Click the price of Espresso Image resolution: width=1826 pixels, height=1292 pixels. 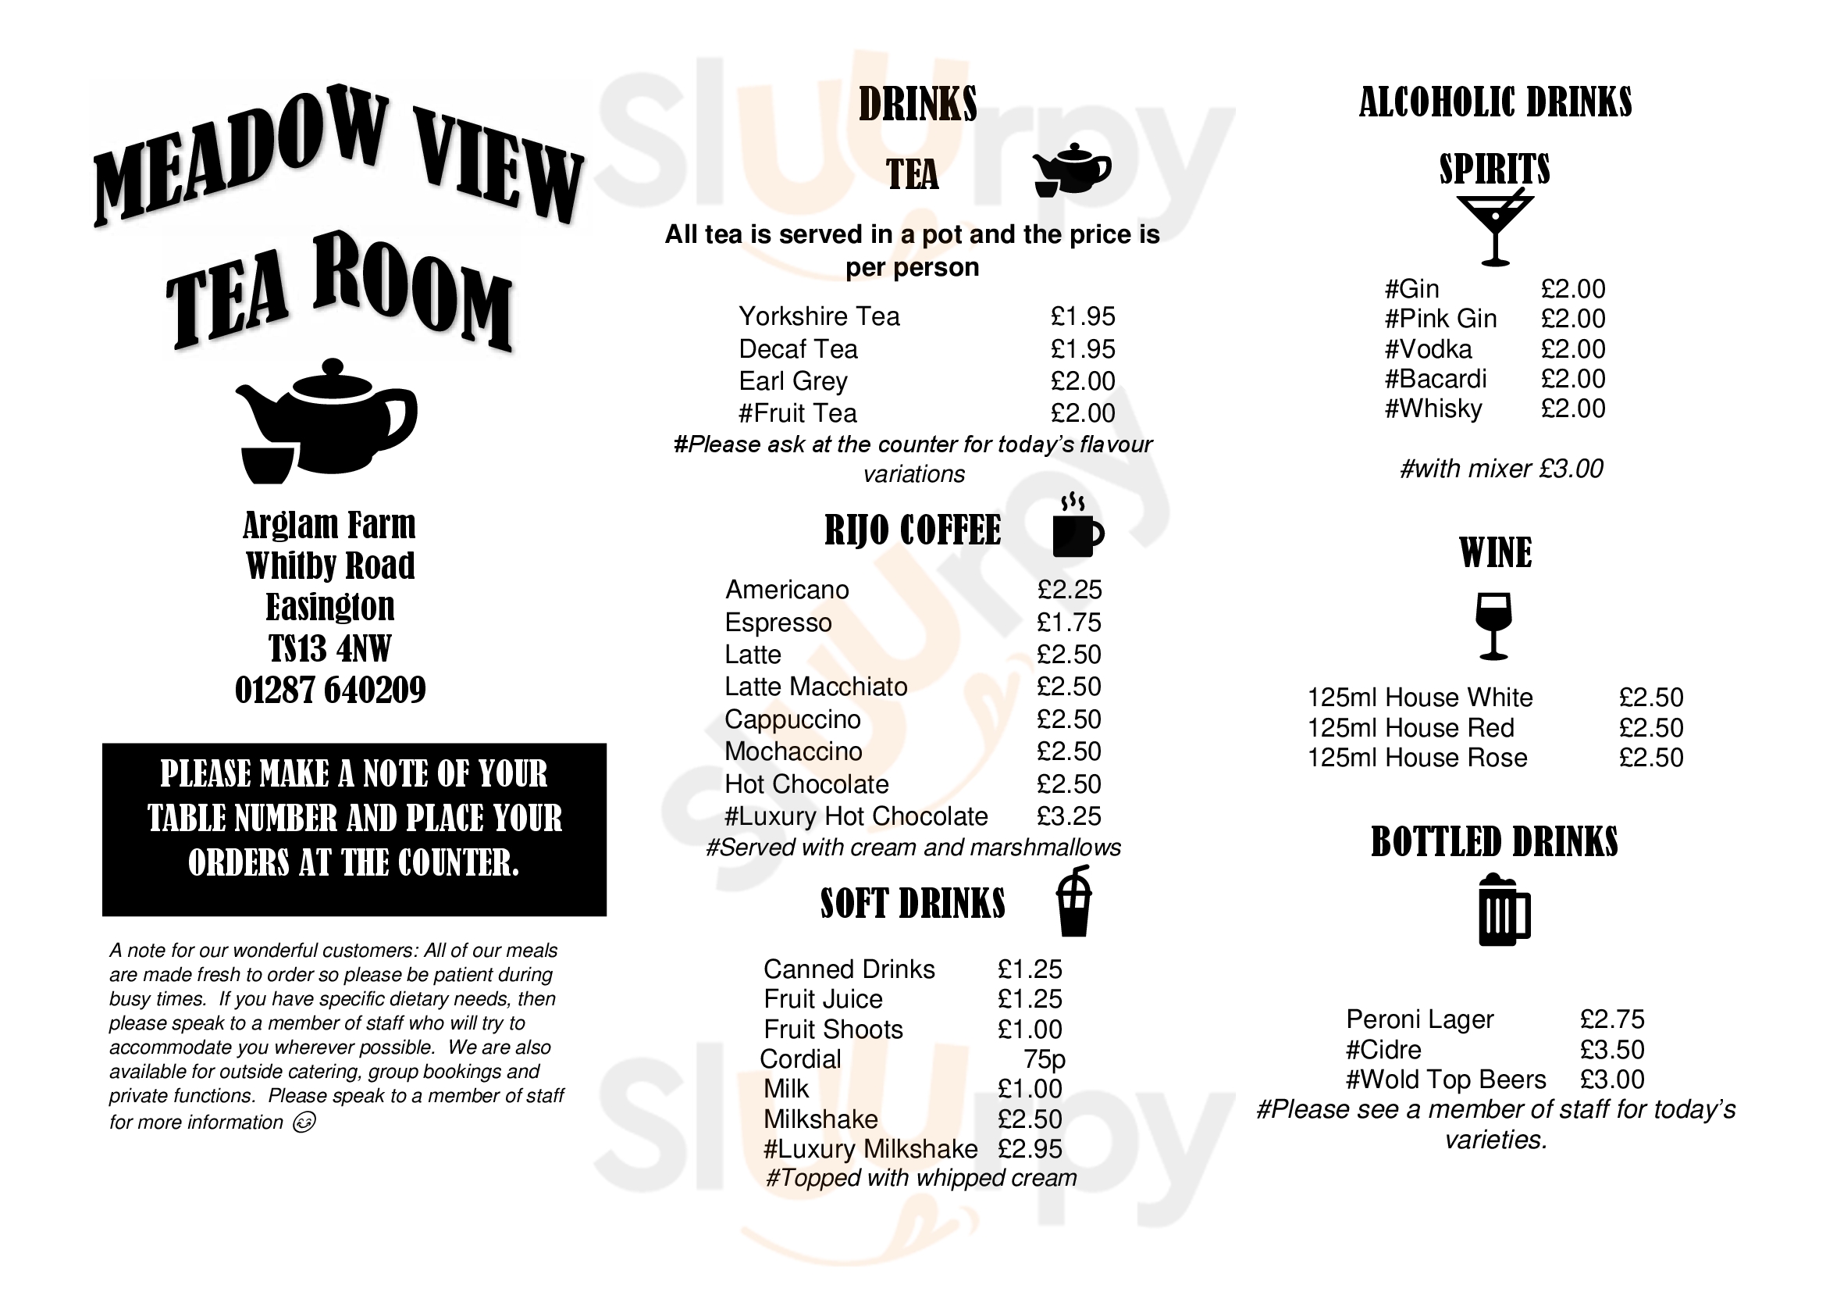(x=1069, y=622)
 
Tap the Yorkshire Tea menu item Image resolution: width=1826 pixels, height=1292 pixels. (x=819, y=316)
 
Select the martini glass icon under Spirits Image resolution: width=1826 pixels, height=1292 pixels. (x=1494, y=228)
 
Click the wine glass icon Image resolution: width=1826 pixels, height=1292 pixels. (x=1493, y=626)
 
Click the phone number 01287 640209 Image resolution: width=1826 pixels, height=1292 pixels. (x=330, y=690)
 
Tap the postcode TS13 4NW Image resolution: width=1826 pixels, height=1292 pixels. (x=329, y=648)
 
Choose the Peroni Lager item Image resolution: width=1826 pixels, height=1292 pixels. (x=1419, y=1019)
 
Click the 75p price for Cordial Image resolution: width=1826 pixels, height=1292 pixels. (x=1044, y=1059)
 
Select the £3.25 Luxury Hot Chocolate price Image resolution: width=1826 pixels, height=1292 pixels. (x=1069, y=816)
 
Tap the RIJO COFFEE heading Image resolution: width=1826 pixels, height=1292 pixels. (x=912, y=530)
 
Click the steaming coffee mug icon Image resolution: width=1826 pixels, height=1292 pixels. (x=1077, y=526)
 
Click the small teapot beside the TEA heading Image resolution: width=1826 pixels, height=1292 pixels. (x=1070, y=169)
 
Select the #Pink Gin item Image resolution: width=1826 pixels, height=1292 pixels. (x=1440, y=319)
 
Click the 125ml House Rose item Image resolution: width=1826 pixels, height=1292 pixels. (x=1417, y=758)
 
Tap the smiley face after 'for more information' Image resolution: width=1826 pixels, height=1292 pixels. (x=304, y=1122)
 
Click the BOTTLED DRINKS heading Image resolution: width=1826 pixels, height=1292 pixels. (x=1494, y=842)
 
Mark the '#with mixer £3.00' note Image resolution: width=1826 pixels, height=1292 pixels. (x=1501, y=469)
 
